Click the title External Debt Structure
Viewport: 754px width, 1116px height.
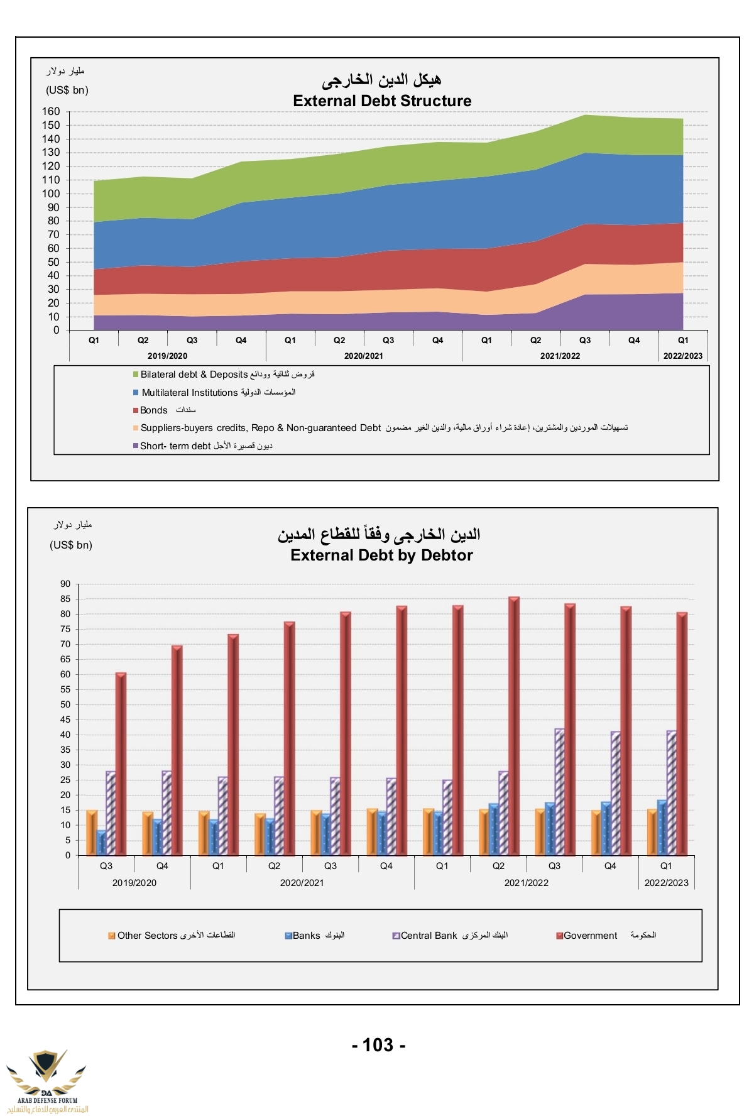click(x=382, y=101)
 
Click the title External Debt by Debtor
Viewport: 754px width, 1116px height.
click(x=381, y=555)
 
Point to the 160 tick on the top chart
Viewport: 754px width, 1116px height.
click(x=52, y=112)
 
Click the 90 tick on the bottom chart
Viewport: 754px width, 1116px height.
click(x=65, y=584)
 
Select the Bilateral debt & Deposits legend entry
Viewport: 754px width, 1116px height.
click(x=194, y=375)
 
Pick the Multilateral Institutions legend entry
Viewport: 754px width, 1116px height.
click(x=190, y=393)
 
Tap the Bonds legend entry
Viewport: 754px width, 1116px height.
click(x=154, y=410)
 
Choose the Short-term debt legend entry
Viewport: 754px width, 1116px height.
click(x=175, y=446)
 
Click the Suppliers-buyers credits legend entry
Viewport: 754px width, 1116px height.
click(x=261, y=428)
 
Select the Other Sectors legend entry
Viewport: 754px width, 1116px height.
click(x=148, y=936)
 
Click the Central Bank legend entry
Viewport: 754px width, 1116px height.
click(x=429, y=936)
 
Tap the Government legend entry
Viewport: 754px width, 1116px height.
click(x=591, y=936)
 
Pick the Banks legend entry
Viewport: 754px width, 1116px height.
click(x=307, y=936)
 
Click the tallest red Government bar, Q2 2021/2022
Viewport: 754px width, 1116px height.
click(x=514, y=726)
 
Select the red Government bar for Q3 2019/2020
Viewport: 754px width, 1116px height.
click(x=121, y=763)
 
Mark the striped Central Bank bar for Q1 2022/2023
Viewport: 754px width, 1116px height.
click(x=672, y=792)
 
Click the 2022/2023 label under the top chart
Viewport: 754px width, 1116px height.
click(x=683, y=356)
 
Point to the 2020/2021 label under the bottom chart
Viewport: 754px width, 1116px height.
click(x=302, y=883)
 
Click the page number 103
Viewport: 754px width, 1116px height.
click(x=378, y=1045)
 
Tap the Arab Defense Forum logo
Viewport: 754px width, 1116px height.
click(x=47, y=1080)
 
